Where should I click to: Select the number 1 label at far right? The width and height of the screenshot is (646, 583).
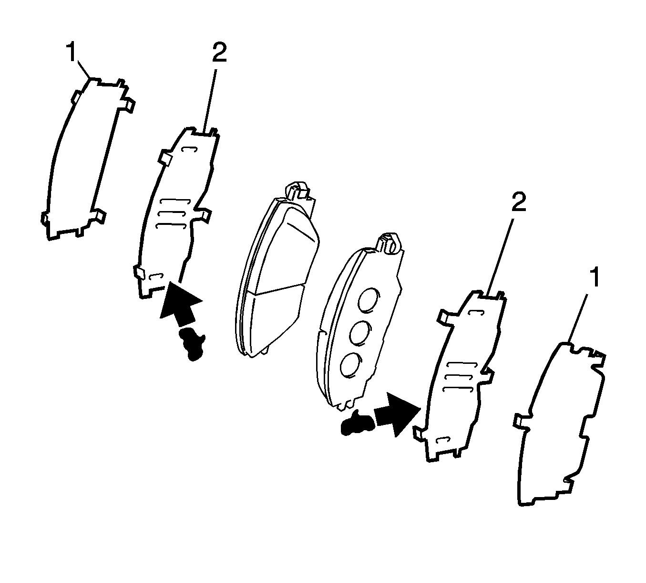click(594, 278)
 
